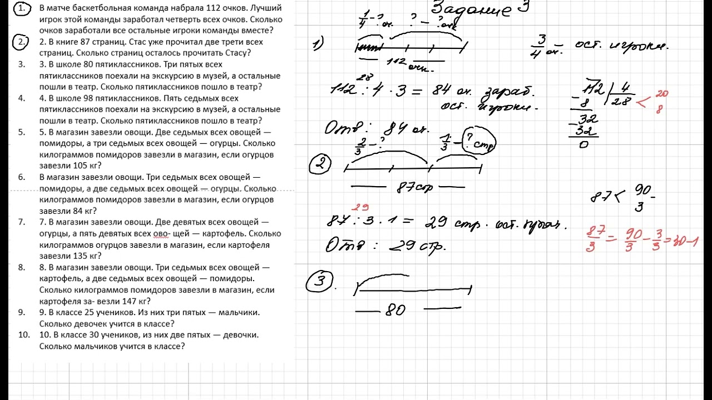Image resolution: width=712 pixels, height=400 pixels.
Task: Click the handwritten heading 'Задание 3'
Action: pyautogui.click(x=478, y=9)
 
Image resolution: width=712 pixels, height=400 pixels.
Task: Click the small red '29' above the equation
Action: pyautogui.click(x=362, y=208)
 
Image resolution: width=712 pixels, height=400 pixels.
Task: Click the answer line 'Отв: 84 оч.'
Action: pyautogui.click(x=377, y=129)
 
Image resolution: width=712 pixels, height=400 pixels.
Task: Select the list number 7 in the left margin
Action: pyautogui.click(x=22, y=222)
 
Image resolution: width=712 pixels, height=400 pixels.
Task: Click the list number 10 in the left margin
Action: pyautogui.click(x=23, y=335)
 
